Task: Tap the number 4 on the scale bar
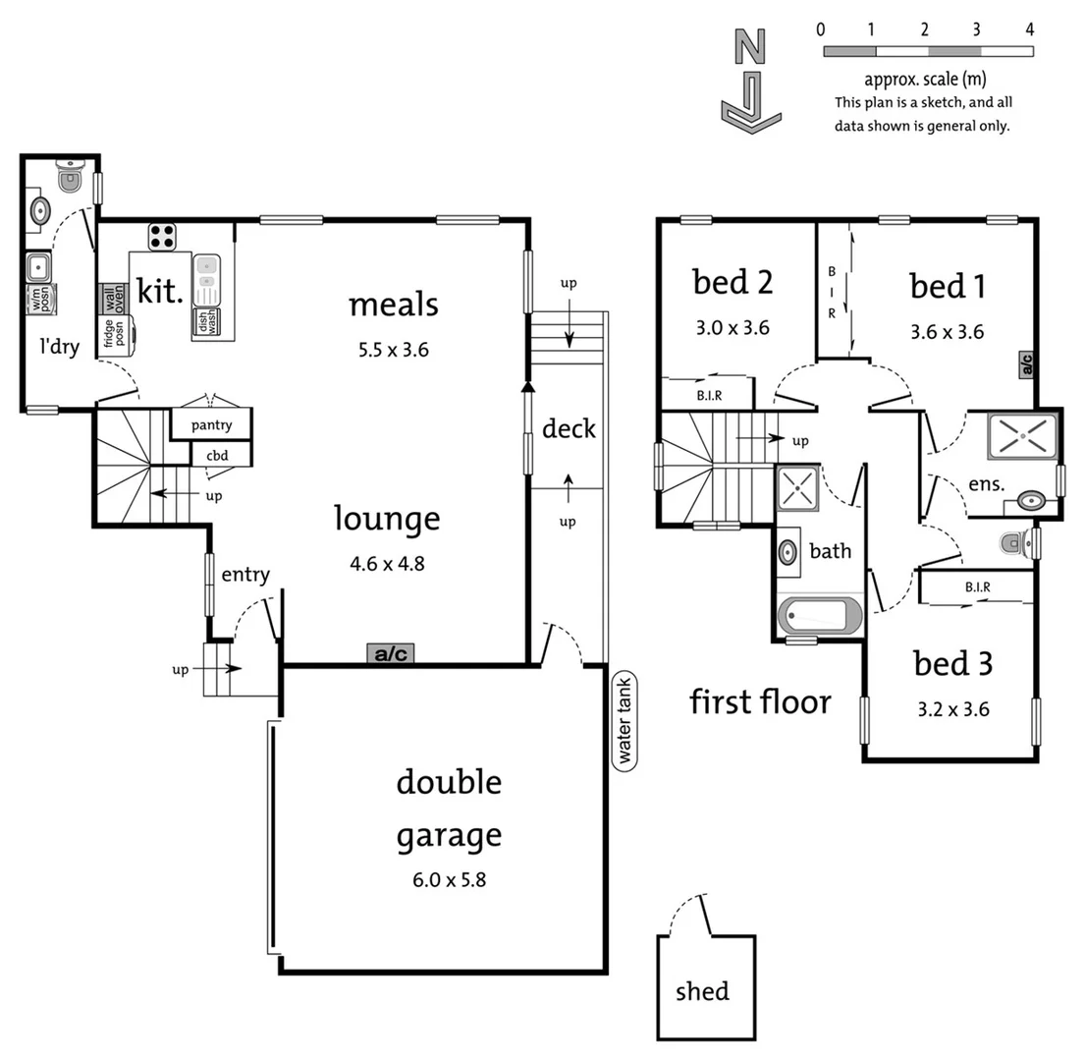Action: click(x=1029, y=29)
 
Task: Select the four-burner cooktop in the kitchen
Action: click(x=162, y=236)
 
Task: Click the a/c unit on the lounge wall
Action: click(x=391, y=653)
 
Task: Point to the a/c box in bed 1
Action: click(x=1027, y=365)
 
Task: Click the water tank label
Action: click(x=623, y=720)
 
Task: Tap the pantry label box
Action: click(x=211, y=425)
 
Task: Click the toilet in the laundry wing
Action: click(x=70, y=179)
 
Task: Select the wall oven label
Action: click(x=112, y=298)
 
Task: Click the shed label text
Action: click(x=703, y=991)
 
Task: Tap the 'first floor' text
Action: click(x=760, y=701)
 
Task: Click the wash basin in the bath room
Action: click(x=788, y=552)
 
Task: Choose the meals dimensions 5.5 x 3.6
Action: click(x=392, y=349)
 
